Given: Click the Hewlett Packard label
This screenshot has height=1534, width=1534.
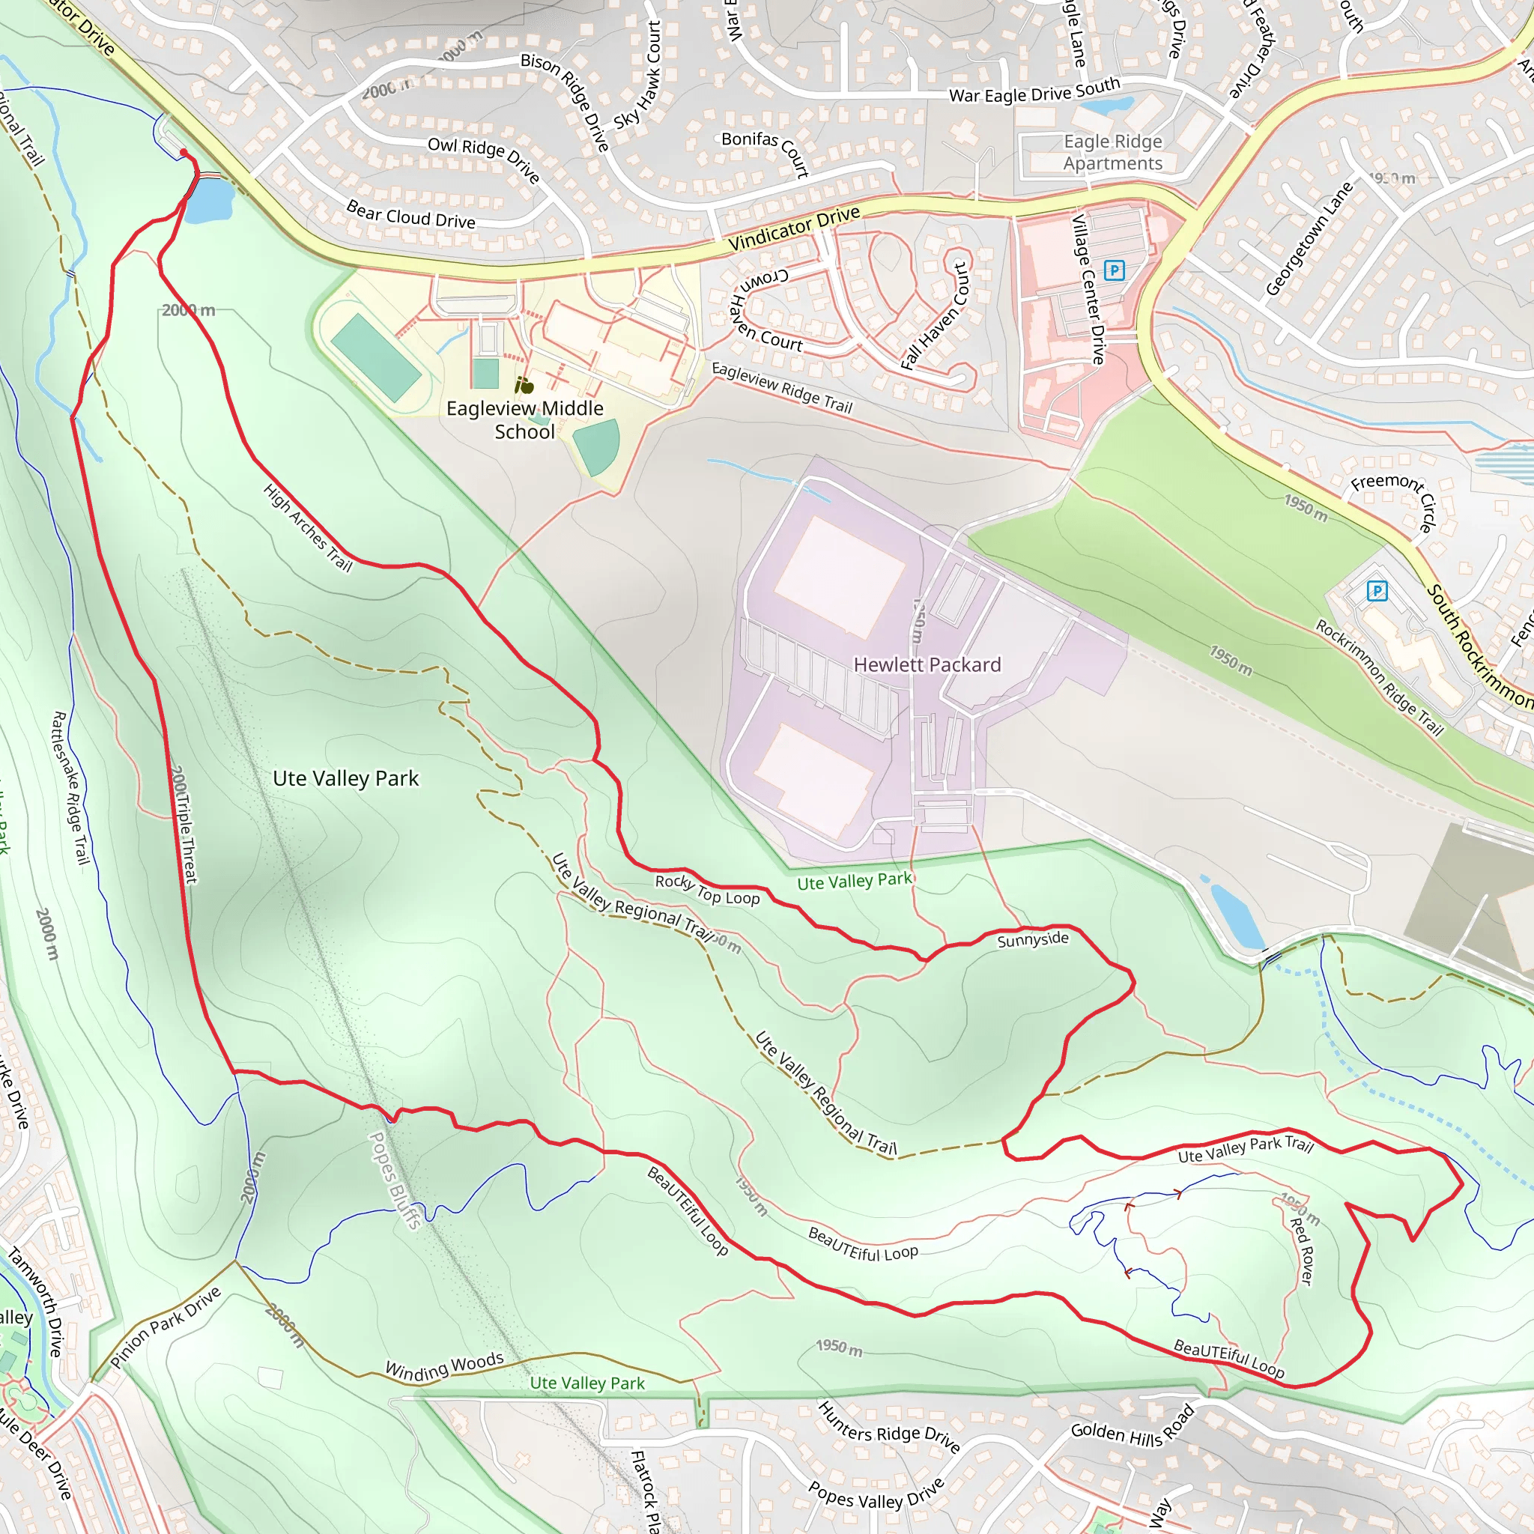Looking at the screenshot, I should click(927, 664).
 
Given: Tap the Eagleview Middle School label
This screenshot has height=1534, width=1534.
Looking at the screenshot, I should click(525, 420).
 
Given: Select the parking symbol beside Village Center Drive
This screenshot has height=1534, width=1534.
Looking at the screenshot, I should click(1114, 270).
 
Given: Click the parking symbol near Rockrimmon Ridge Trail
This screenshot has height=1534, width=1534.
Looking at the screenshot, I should click(1377, 591).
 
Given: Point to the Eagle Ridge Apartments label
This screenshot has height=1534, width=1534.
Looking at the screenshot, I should click(1112, 153).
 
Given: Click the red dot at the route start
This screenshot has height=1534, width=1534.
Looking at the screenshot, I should click(184, 153).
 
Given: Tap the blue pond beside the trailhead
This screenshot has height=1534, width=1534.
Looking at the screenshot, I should click(212, 200).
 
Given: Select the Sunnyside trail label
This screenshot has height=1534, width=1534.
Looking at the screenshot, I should click(1032, 940).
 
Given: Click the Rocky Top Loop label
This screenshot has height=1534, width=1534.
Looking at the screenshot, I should click(706, 890).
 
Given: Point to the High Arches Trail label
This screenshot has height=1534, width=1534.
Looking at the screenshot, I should click(308, 528).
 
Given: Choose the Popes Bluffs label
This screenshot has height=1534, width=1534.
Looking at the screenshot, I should click(395, 1180).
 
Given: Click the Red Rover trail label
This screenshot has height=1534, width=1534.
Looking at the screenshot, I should click(1302, 1252).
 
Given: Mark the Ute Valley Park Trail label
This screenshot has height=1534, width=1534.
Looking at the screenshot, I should click(1245, 1148).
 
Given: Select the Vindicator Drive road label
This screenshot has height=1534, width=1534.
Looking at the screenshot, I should click(793, 228).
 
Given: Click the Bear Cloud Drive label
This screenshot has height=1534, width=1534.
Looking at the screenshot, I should click(410, 215).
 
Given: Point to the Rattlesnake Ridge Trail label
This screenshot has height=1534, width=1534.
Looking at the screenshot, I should click(70, 788).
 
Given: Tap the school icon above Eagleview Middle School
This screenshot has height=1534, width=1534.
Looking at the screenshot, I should click(524, 386).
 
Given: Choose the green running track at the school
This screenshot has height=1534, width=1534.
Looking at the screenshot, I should click(375, 357).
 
